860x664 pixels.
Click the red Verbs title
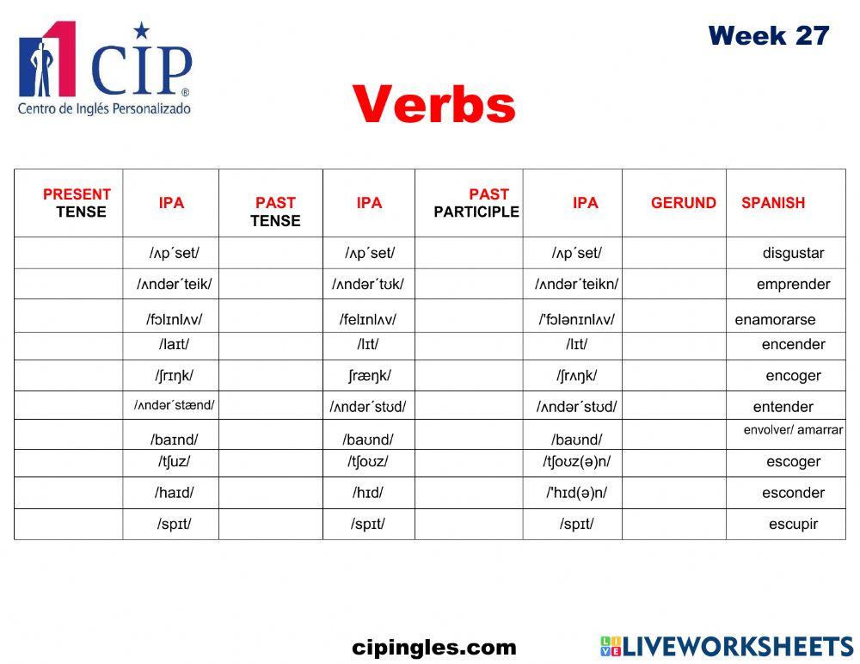point(433,105)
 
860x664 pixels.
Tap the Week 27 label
point(768,36)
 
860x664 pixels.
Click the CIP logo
point(105,69)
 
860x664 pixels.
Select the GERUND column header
point(683,203)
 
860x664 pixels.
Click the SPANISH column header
point(773,203)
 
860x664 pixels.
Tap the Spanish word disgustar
point(793,253)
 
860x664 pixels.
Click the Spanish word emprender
point(793,284)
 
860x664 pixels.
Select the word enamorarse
point(775,319)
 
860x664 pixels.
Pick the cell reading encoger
point(793,375)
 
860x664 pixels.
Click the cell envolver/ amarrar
point(793,430)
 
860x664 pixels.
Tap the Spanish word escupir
point(793,524)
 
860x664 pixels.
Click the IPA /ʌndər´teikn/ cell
point(576,284)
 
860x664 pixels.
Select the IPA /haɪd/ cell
point(174,493)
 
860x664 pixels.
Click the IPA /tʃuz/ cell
point(174,461)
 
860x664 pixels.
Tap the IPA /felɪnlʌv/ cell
point(367,319)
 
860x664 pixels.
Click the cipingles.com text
point(434,648)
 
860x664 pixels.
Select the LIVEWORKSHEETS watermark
point(727,647)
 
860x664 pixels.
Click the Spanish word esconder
point(793,493)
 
